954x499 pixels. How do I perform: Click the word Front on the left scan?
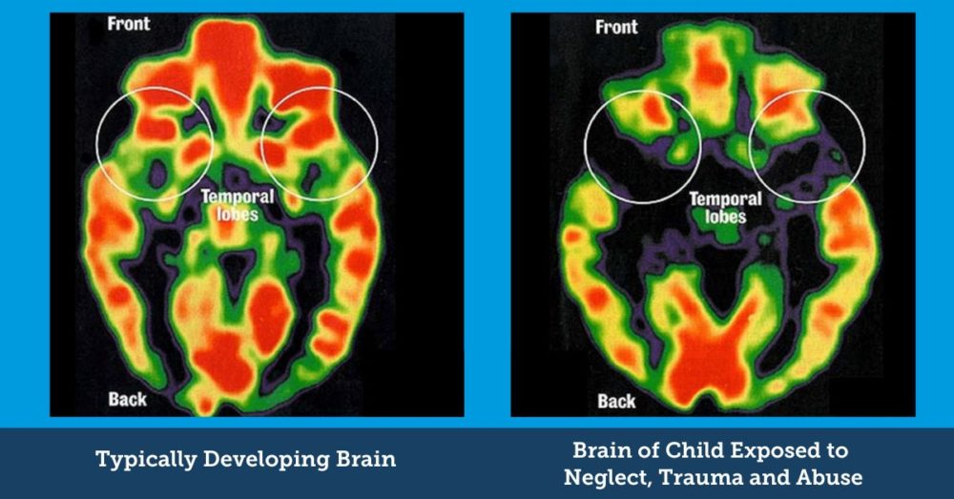[x=129, y=24]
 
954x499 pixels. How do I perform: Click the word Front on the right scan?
[x=616, y=27]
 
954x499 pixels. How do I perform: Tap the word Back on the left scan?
[x=127, y=399]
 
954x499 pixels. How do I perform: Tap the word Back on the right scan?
[x=616, y=400]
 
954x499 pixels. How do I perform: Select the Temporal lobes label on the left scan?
[x=237, y=206]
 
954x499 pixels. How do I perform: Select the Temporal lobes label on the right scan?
[x=725, y=208]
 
